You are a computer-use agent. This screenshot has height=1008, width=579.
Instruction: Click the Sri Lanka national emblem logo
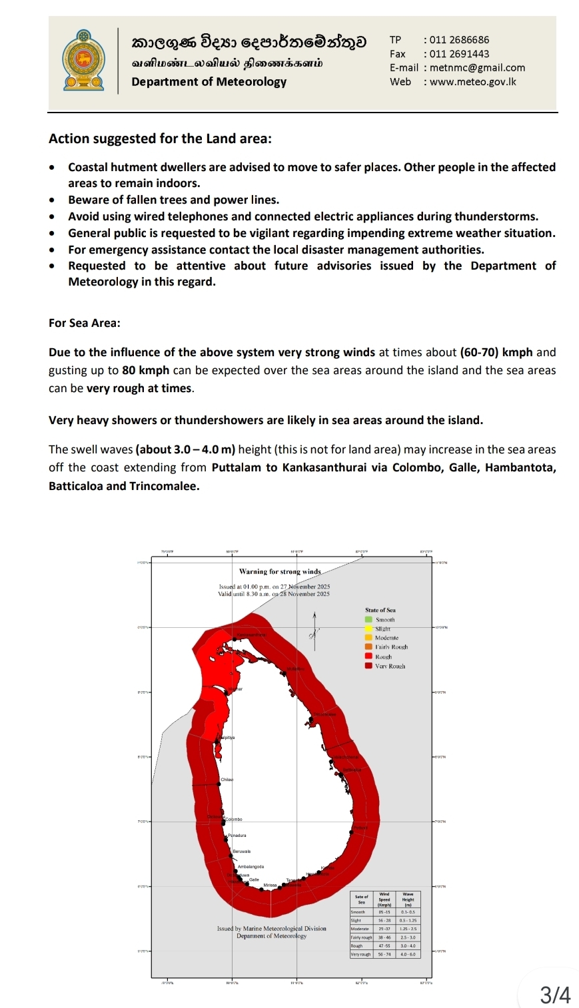coord(83,61)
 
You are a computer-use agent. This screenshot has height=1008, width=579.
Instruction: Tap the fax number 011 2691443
coord(459,54)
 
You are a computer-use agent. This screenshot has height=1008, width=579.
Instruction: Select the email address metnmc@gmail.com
coord(477,68)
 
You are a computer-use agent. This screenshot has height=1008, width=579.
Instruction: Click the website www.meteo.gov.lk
coord(473,82)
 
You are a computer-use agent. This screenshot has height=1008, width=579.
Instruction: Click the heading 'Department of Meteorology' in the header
coord(209,82)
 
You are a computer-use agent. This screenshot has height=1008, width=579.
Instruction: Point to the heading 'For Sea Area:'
coord(85,323)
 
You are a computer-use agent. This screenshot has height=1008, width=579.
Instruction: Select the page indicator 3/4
coord(555,995)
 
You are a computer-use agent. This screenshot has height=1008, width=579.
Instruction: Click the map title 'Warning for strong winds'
coord(280,571)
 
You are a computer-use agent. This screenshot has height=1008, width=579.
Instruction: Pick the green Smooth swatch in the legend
coord(368,620)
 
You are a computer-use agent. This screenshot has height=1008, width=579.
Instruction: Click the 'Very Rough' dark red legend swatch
coord(368,666)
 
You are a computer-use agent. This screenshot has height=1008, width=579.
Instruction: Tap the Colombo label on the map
coord(233,819)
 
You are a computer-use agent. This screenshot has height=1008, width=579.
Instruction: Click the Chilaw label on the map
coord(227,780)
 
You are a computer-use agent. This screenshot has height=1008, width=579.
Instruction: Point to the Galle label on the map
coord(254,880)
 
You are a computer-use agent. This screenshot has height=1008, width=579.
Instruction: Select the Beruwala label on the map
coord(242,852)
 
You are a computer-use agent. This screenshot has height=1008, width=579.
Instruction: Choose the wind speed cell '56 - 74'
coord(384,954)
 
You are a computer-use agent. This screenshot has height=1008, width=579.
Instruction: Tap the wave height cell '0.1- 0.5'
coord(408,912)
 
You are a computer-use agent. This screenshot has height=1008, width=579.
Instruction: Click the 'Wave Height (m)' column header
coord(408,899)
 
